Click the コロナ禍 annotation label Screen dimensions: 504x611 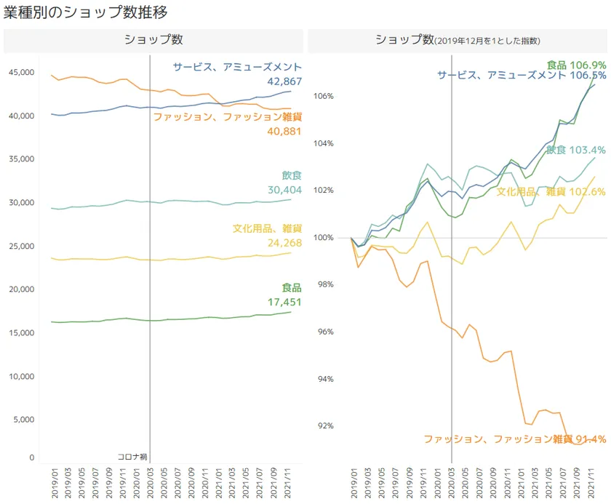[x=132, y=457]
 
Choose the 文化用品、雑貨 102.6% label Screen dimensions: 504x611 [x=551, y=191]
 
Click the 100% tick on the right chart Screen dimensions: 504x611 [x=324, y=238]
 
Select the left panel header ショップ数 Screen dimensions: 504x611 [x=153, y=40]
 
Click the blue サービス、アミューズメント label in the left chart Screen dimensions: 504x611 [x=237, y=67]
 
